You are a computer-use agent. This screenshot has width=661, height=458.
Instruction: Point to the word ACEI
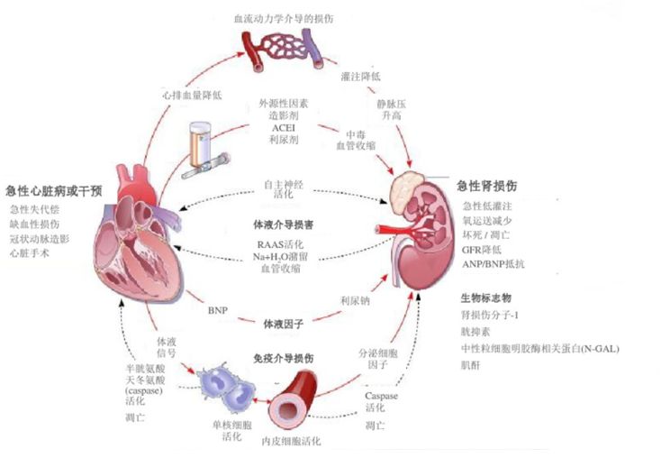pyautogui.click(x=284, y=129)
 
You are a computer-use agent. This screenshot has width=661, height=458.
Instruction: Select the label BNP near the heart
pyautogui.click(x=218, y=311)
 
